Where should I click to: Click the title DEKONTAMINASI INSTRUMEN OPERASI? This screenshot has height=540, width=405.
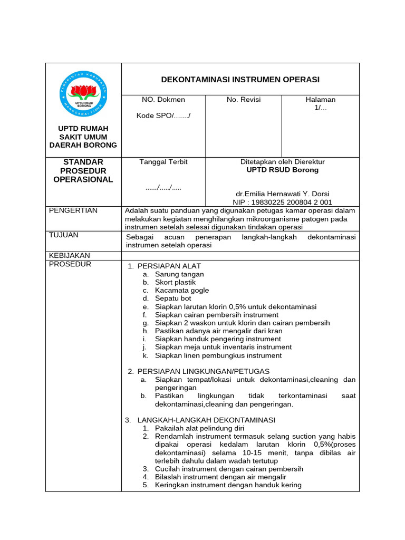[240, 80]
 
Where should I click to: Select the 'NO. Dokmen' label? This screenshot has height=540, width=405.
[163, 100]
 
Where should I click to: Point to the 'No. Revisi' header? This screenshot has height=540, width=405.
[244, 100]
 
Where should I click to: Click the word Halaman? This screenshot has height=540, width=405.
[321, 100]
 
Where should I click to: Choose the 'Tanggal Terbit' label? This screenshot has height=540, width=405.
[163, 162]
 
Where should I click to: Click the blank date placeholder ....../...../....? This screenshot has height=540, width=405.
[163, 188]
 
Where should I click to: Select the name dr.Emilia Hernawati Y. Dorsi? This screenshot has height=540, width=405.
[283, 194]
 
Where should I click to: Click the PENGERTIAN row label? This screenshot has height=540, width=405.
[73, 210]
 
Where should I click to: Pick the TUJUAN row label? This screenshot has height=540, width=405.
[64, 235]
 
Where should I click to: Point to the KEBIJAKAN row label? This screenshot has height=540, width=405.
[70, 255]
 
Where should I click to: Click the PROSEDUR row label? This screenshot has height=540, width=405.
[70, 264]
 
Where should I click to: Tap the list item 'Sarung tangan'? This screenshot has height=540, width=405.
[179, 274]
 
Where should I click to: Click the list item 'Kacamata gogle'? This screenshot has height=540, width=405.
[182, 290]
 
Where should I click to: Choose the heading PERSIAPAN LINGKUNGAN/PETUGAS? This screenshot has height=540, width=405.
[203, 371]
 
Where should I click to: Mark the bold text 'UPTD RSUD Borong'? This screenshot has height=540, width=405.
[283, 170]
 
